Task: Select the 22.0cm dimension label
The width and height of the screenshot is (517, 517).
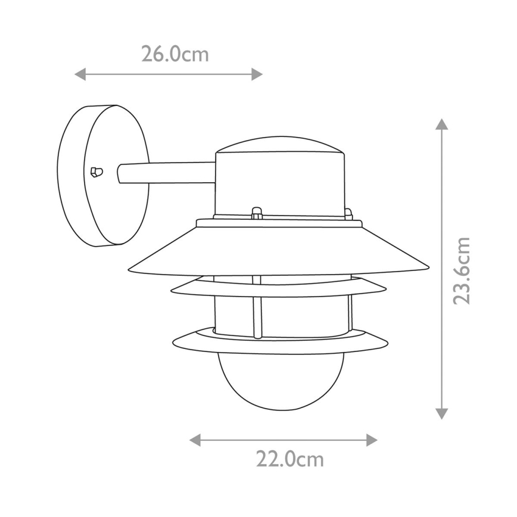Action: (x=290, y=459)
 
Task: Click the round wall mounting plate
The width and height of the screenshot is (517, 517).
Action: (x=101, y=175)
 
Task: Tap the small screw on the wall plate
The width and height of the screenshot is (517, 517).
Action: (x=95, y=172)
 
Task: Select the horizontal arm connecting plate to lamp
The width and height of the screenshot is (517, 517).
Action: (x=167, y=173)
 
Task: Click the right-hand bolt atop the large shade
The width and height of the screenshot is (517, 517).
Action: (x=348, y=213)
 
